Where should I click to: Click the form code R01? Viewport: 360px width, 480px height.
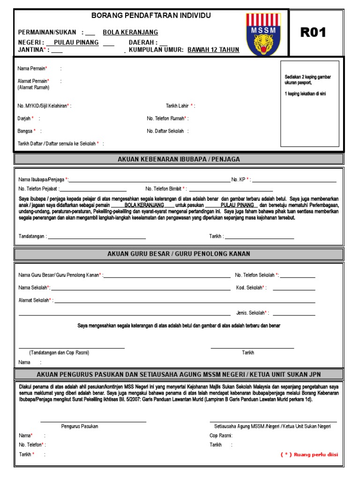point(313,33)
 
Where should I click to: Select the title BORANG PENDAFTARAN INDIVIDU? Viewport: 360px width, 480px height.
point(151,15)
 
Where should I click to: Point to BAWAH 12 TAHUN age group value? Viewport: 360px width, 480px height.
point(213,50)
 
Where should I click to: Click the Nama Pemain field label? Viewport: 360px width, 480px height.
point(32,68)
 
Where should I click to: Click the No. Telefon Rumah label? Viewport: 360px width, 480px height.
point(167,119)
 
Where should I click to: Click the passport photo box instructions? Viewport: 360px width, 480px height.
point(308,85)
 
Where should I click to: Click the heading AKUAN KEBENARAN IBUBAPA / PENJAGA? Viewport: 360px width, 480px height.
point(179,159)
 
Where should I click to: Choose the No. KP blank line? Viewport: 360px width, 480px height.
point(294,180)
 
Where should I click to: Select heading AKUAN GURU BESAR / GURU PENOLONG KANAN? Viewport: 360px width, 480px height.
point(179,254)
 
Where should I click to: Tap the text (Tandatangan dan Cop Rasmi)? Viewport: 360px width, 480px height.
point(59,352)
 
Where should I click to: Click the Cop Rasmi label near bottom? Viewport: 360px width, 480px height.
point(220,435)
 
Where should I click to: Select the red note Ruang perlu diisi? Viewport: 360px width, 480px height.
point(309,454)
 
